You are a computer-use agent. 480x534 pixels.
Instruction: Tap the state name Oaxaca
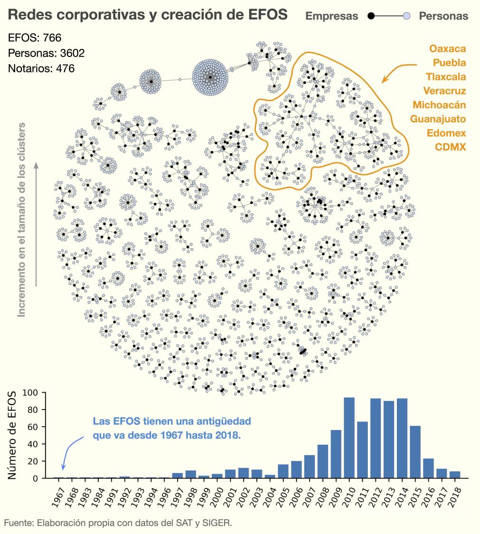coord(447,48)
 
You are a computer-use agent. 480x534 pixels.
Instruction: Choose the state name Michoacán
coord(439,105)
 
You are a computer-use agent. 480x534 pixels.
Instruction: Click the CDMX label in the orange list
coord(451,147)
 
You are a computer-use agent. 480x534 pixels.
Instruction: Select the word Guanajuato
coord(438,119)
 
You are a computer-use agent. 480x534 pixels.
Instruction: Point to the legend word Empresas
coord(331,16)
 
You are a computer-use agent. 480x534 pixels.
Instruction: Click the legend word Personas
coord(443,16)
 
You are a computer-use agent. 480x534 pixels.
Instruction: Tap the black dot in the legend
coord(371,16)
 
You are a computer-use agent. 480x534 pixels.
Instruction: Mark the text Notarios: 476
coord(41,68)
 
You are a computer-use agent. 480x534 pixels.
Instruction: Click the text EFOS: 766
coord(35,38)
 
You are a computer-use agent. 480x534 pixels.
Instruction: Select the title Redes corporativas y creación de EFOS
coord(148,15)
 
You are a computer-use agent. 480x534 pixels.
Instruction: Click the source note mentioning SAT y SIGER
coord(118,523)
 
